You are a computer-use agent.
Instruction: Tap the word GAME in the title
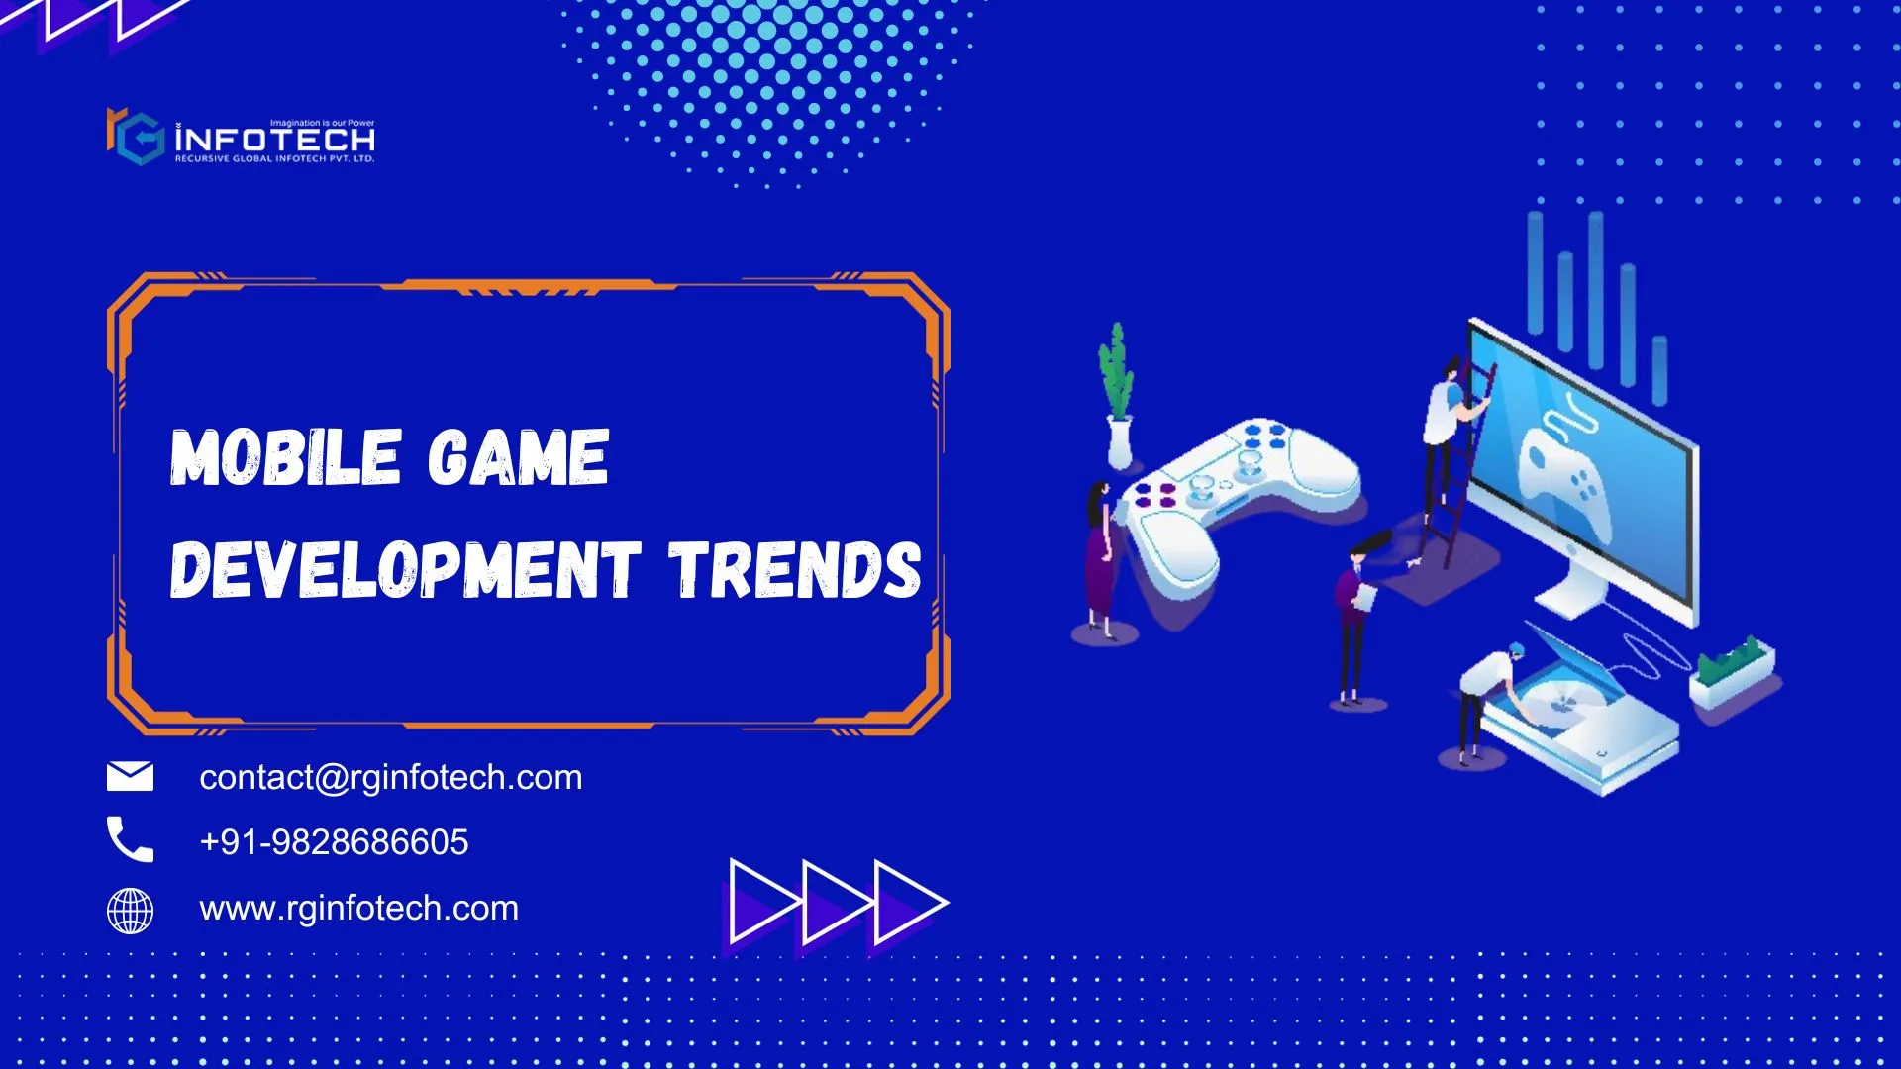tap(518, 457)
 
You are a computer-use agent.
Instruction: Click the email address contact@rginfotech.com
tap(391, 778)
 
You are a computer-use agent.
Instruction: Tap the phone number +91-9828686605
tap(334, 842)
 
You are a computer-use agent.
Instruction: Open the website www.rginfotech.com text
tap(359, 909)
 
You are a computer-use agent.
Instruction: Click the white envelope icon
tap(130, 777)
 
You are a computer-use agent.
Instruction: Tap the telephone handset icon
tap(130, 839)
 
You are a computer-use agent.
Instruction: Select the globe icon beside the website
tap(130, 911)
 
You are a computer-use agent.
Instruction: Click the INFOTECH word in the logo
tap(275, 141)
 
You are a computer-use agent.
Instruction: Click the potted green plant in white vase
tap(1118, 396)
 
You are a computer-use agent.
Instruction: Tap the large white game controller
tap(1238, 505)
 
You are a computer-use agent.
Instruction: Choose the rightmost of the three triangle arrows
tap(906, 903)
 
